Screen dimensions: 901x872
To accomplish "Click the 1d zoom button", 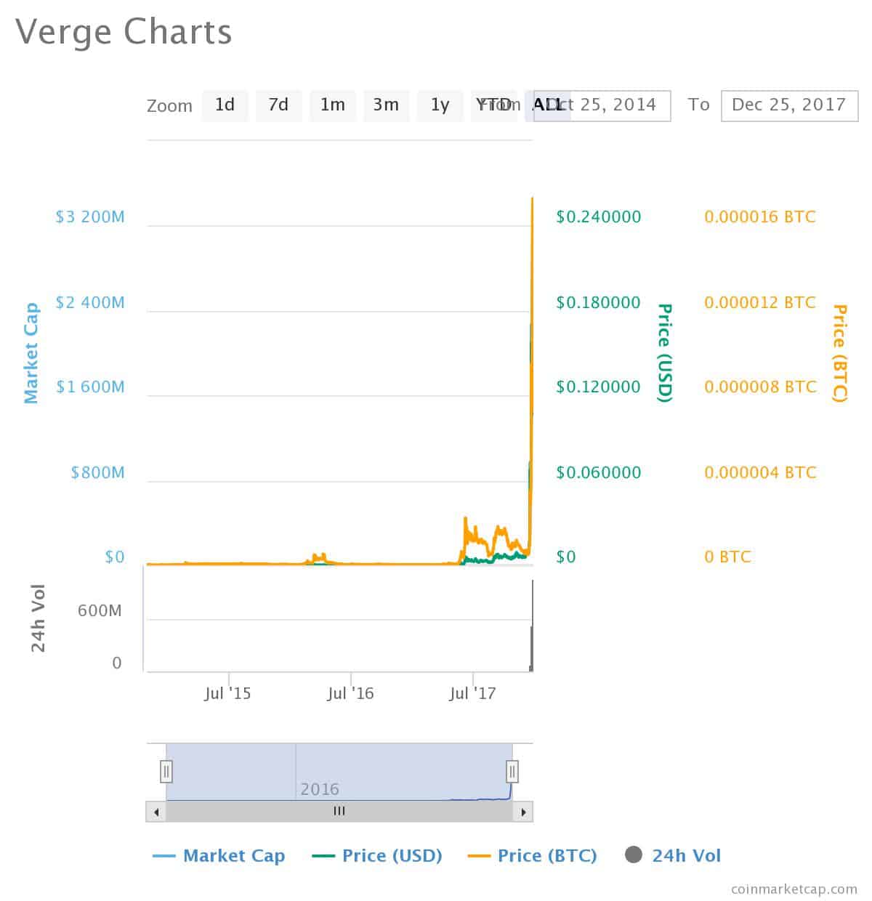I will pos(225,105).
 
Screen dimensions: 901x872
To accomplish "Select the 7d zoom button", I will pos(278,105).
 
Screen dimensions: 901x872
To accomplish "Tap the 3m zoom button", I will pos(386,105).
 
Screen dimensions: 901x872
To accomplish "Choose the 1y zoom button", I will pos(440,105).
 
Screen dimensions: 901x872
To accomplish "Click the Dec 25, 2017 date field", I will pos(788,105).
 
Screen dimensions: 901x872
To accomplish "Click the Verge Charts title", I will pos(124,32).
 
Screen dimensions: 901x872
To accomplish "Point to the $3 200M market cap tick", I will pos(90,217).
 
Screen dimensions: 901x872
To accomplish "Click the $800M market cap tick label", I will pos(97,473).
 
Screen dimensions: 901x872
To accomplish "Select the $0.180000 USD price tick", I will pos(598,302).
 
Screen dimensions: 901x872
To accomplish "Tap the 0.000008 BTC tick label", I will pos(760,387).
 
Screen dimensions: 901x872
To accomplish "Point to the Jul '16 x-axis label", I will pos(350,694).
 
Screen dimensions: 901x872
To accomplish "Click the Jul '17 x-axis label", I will pos(472,694).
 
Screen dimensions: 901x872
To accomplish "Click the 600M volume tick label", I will pos(100,610).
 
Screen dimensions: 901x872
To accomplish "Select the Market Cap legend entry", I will pos(219,856).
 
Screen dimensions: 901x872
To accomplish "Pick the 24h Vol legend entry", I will pos(673,856).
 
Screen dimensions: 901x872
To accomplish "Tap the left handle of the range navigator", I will pos(166,771).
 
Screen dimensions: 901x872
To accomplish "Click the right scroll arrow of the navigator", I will pos(523,811).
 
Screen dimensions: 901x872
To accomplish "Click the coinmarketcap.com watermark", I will pos(794,889).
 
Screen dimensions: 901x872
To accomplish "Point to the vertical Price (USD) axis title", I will pos(664,353).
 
